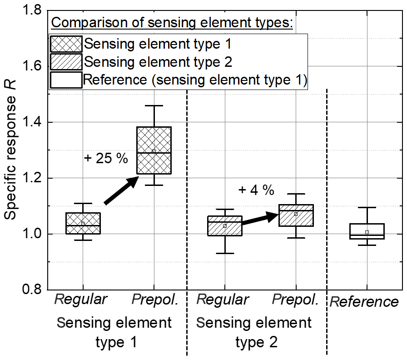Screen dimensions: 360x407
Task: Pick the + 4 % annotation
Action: pos(256,190)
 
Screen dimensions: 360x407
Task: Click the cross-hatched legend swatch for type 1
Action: pos(66,45)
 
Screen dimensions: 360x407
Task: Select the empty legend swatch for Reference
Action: pos(66,80)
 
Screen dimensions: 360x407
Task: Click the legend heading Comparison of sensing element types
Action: pos(172,22)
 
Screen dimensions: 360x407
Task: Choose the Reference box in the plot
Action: pos(367,231)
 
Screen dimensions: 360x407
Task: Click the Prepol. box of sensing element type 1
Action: pos(154,150)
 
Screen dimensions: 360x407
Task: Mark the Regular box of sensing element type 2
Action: pos(224,226)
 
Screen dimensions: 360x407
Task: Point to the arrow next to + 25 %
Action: pos(122,190)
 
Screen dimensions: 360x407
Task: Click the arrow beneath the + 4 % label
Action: pos(260,219)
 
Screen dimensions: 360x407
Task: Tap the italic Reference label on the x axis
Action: pos(364,302)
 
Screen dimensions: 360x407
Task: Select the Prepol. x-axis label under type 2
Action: pos(295,299)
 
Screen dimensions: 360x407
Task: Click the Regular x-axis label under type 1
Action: pos(81,299)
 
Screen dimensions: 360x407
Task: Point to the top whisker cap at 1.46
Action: pos(154,106)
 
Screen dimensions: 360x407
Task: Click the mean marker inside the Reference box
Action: pos(367,232)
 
